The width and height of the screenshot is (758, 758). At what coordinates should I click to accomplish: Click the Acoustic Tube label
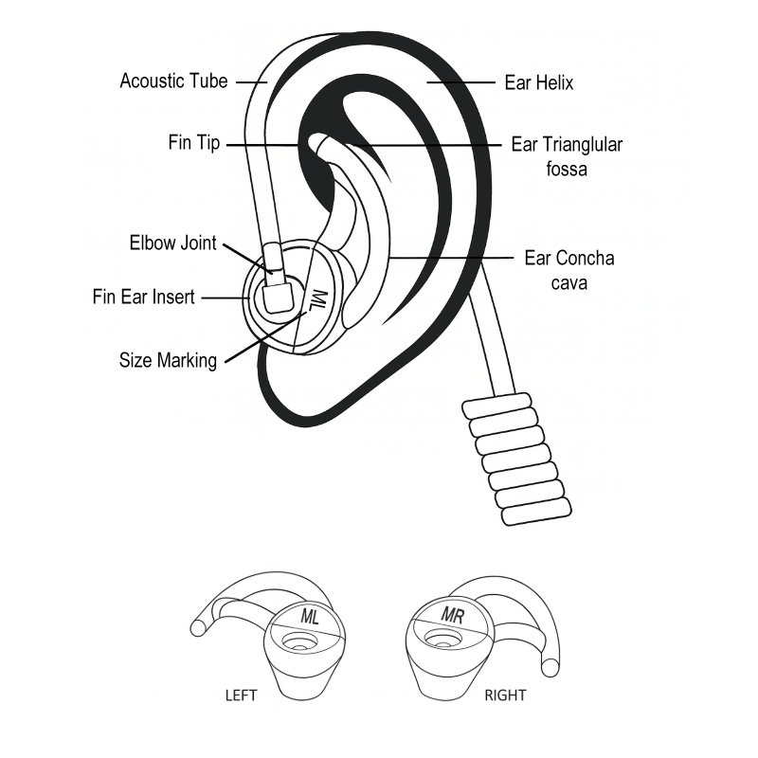(x=173, y=81)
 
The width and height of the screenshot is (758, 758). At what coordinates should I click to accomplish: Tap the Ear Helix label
(x=539, y=82)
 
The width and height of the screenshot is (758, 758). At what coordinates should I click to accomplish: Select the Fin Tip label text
(x=194, y=143)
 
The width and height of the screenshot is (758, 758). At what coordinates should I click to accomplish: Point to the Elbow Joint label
(x=172, y=243)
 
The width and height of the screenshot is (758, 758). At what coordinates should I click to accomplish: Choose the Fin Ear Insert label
(x=143, y=297)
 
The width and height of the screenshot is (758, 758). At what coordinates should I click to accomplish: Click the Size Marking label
(x=168, y=360)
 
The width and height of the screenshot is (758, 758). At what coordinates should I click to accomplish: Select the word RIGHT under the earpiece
(x=505, y=695)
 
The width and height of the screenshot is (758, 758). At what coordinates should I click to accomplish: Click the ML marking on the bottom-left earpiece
(x=310, y=616)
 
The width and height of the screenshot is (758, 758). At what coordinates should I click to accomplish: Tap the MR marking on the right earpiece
(x=453, y=615)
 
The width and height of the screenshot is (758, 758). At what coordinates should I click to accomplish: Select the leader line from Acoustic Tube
(x=251, y=81)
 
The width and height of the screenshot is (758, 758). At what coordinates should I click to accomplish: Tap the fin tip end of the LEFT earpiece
(x=198, y=625)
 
